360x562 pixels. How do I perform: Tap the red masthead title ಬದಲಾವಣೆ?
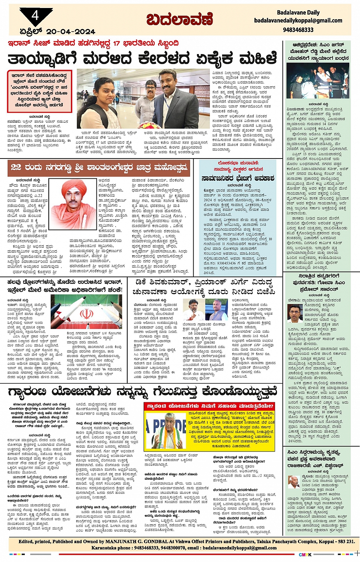(x=179, y=19)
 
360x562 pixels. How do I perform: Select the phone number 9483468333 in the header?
(x=298, y=30)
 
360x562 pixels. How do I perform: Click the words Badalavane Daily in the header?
(x=298, y=13)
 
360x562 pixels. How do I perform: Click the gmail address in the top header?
(x=298, y=21)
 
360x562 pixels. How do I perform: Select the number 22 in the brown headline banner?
(x=16, y=167)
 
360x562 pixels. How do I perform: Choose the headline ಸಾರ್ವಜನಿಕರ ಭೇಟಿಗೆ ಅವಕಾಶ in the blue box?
(x=238, y=179)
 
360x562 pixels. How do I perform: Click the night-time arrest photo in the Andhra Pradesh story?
(x=317, y=81)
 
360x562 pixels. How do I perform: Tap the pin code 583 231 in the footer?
(x=345, y=541)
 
